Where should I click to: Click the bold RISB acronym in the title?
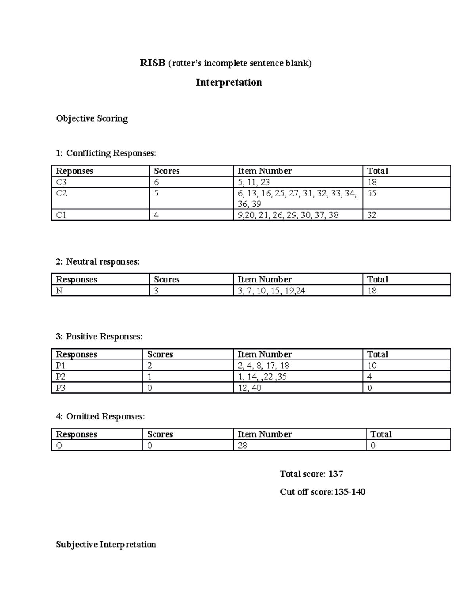(x=152, y=63)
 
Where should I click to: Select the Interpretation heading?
(x=228, y=82)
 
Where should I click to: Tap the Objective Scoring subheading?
(x=92, y=118)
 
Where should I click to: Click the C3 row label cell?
(x=61, y=182)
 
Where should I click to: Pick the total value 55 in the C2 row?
(x=372, y=193)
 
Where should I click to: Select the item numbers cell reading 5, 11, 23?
(x=254, y=182)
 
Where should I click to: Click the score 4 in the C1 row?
(x=156, y=215)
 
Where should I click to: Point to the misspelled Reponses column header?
(x=75, y=171)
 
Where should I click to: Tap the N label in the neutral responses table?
(x=59, y=291)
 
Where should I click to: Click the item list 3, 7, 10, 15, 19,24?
(x=271, y=291)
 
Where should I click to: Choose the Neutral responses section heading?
(x=98, y=261)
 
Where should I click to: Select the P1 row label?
(x=61, y=366)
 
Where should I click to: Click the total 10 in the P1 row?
(x=372, y=366)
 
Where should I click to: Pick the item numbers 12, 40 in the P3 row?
(x=250, y=388)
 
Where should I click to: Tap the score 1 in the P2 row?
(x=150, y=377)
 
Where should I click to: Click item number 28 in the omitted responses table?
(x=242, y=446)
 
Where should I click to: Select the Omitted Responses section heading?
(x=100, y=416)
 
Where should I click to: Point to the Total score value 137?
(x=336, y=474)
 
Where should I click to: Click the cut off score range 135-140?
(x=349, y=492)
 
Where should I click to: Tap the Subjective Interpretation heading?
(x=106, y=545)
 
